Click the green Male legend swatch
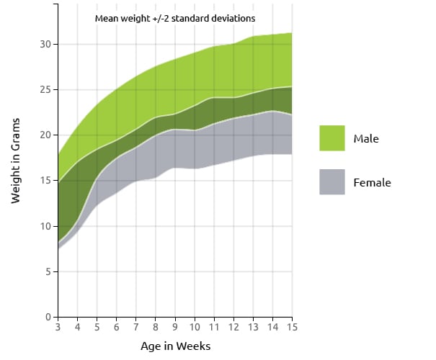332,138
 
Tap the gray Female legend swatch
332,182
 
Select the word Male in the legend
366,139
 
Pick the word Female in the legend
373,182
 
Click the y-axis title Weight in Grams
16,161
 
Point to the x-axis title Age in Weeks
175,346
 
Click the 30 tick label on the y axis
45,44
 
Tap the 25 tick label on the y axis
45,90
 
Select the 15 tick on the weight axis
45,181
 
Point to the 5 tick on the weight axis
48,271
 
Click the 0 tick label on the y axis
48,317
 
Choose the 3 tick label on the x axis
58,327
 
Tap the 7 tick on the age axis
136,327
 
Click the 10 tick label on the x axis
195,327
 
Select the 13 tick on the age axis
254,327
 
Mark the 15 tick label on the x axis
293,327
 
